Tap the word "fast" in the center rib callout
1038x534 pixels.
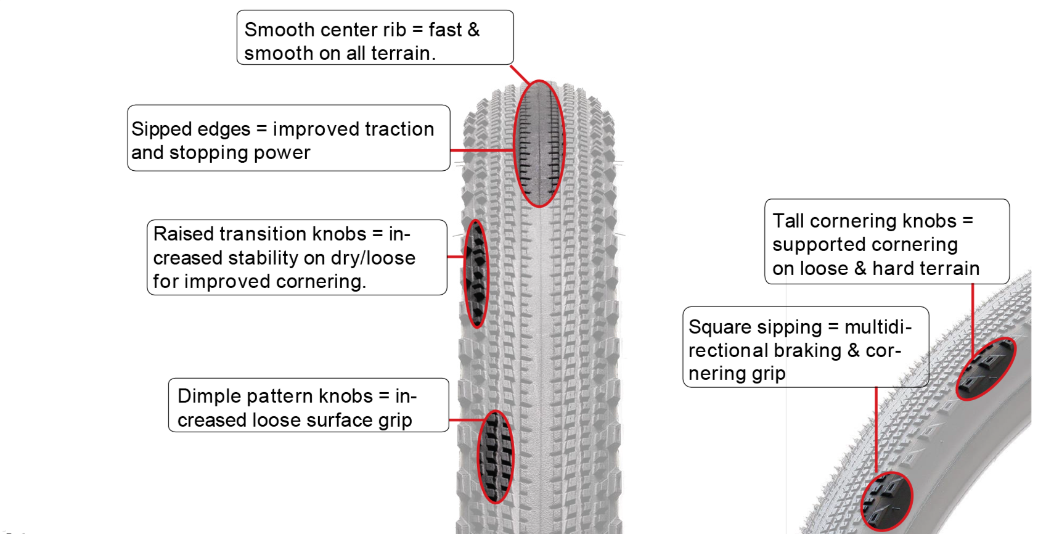tap(445, 30)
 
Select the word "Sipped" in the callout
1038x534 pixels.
tap(155, 129)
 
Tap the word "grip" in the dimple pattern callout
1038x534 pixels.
tap(395, 421)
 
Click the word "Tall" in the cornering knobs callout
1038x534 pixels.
tap(788, 221)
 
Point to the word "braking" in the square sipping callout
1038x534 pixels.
tap(807, 350)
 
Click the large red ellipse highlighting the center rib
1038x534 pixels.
tap(539, 144)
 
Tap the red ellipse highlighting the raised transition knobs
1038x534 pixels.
tap(476, 273)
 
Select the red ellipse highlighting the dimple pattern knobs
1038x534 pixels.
tap(496, 457)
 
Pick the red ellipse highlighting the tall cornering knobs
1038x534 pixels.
tap(986, 369)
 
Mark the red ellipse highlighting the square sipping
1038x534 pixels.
tap(886, 501)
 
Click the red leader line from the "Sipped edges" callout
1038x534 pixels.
tap(481, 150)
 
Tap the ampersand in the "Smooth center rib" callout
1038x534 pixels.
tap(473, 30)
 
